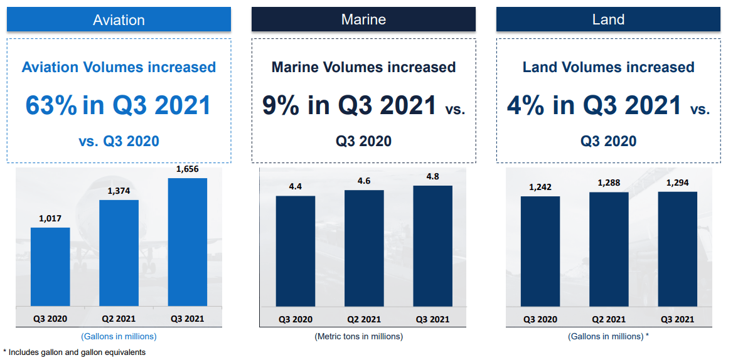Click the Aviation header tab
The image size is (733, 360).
[119, 19]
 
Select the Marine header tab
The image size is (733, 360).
[363, 19]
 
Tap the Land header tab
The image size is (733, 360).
[608, 19]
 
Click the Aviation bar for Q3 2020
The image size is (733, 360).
[50, 267]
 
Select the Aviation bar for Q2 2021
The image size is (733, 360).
[119, 253]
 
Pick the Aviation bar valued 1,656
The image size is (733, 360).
[187, 243]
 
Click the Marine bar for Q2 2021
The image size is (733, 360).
[364, 248]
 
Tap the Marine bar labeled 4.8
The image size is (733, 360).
[432, 246]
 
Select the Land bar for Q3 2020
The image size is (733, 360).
[540, 251]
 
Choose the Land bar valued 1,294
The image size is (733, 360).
[677, 250]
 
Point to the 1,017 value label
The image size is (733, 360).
[50, 219]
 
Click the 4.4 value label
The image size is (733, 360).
[296, 186]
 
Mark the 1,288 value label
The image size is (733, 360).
[609, 183]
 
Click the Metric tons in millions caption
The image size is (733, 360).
[358, 337]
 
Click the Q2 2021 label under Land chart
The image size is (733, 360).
[609, 319]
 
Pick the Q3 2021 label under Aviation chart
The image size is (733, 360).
[187, 319]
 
